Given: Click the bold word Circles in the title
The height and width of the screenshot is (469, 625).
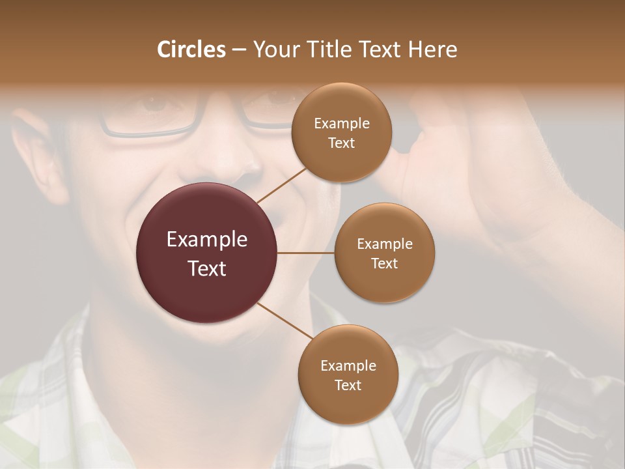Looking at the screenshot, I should (x=191, y=50).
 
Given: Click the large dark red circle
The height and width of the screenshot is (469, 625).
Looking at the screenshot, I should (x=207, y=253).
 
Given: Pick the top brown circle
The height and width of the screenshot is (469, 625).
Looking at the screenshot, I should (x=341, y=133).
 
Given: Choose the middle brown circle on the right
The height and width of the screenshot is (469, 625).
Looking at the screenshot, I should (x=384, y=253).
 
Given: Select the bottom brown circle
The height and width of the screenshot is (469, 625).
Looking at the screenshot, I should (x=348, y=375).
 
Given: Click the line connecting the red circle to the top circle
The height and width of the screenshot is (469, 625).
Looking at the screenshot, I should (x=282, y=184).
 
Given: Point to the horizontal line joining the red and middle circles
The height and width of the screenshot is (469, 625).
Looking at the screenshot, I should (x=306, y=253).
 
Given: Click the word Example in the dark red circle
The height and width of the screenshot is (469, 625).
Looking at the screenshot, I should (x=207, y=239).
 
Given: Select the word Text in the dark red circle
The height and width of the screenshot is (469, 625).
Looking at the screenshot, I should (x=207, y=268).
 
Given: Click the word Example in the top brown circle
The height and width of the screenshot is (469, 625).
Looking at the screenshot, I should (x=341, y=123).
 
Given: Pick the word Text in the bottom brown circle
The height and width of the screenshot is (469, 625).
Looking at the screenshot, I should (x=348, y=385).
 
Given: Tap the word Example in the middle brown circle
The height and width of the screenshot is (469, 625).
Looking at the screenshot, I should (x=384, y=244).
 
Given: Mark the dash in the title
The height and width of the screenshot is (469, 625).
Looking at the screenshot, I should (x=239, y=50).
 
